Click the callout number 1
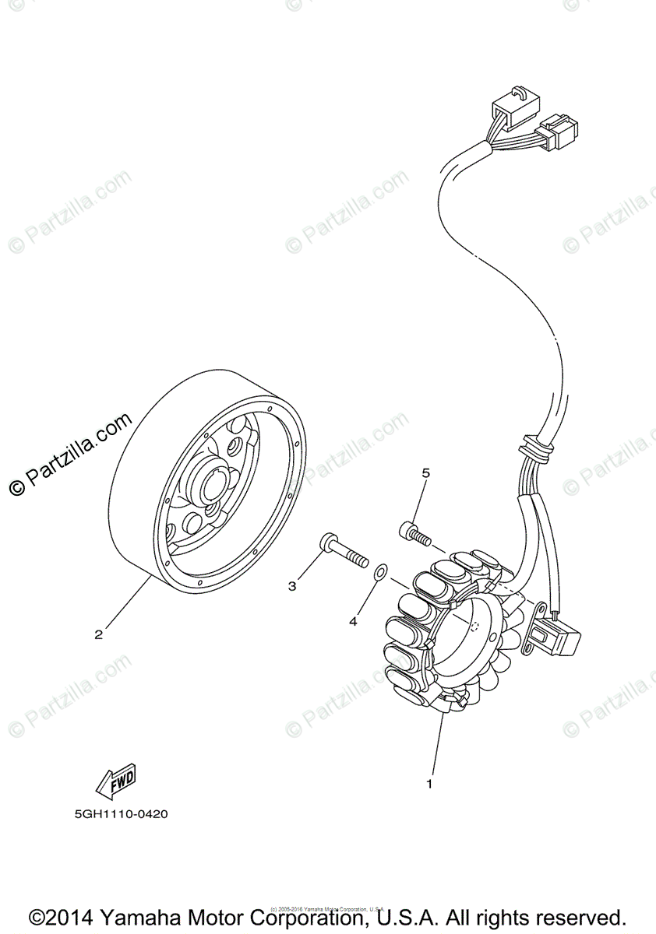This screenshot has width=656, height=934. (x=428, y=784)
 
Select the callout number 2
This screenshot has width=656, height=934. (x=98, y=634)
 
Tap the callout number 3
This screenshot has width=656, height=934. (x=292, y=585)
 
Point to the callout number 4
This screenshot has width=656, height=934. (x=353, y=621)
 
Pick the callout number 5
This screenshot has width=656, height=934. (x=425, y=472)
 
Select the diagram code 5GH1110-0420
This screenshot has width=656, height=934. (x=122, y=815)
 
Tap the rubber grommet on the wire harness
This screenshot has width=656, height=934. (x=535, y=448)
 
